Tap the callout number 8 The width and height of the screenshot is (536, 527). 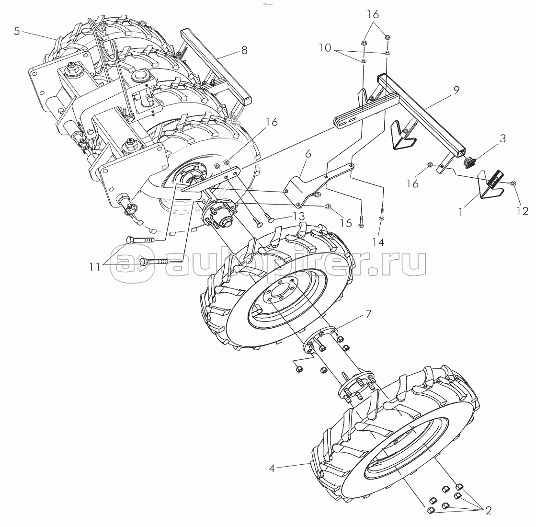(x=244, y=50)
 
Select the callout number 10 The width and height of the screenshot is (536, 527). (x=324, y=48)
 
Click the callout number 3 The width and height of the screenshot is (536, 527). (x=502, y=139)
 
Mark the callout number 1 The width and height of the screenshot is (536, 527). (x=461, y=211)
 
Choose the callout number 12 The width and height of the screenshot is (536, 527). (x=522, y=211)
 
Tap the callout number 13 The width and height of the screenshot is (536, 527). (x=298, y=217)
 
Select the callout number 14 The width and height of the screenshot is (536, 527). (x=378, y=242)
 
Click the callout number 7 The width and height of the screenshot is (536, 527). (x=368, y=314)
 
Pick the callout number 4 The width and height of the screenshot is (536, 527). (x=272, y=469)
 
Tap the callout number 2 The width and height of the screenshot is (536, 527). (x=488, y=510)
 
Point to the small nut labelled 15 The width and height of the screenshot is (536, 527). (x=328, y=206)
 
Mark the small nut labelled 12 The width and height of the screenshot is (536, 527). (x=513, y=183)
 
